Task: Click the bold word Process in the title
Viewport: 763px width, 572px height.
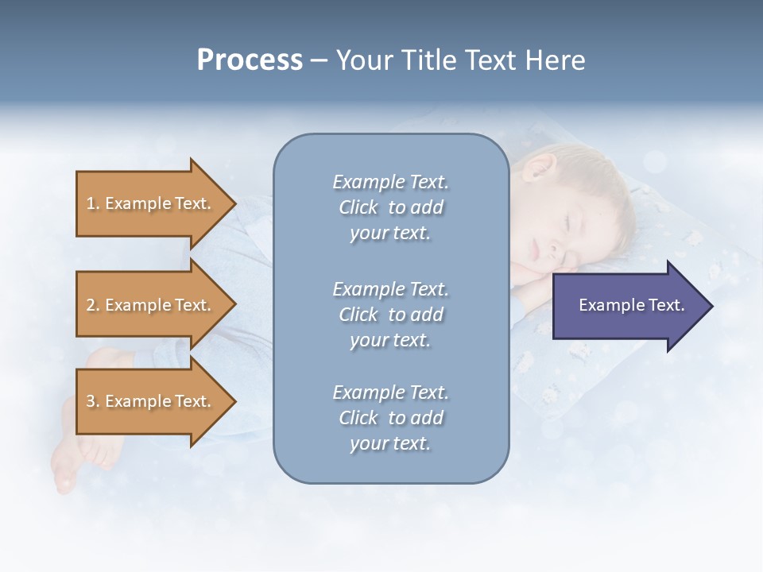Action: pos(250,60)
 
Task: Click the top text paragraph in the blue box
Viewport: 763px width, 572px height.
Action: pos(390,207)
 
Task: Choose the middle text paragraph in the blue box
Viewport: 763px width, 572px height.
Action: pos(390,315)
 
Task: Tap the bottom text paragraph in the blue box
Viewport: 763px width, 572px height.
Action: pos(390,418)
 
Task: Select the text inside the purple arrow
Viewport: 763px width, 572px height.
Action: pos(631,305)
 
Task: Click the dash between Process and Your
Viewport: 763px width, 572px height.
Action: pos(319,61)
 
